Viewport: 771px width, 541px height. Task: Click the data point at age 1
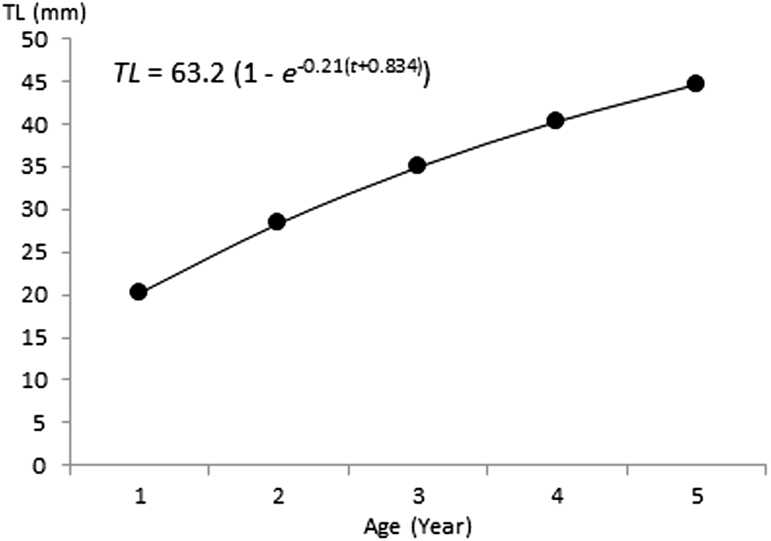coord(138,292)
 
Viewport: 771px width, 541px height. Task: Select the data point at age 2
coord(277,222)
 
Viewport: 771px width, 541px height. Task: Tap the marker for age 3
coord(416,165)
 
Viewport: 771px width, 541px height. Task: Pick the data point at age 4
coord(555,120)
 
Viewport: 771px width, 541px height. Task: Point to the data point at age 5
coord(695,83)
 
